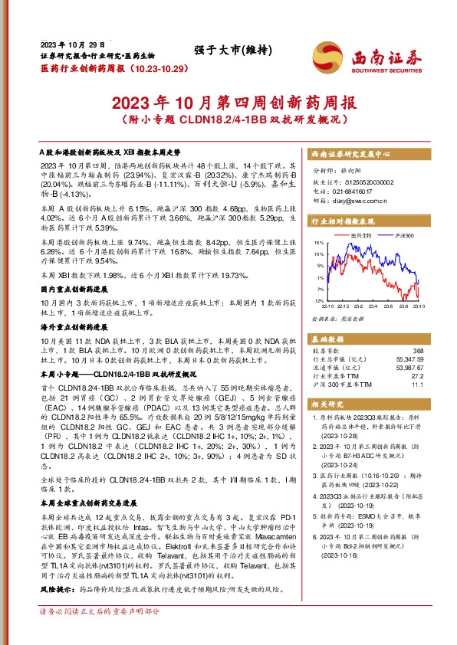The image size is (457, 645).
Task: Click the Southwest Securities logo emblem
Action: pos(325,56)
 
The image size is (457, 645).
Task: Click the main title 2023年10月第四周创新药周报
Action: pos(228,102)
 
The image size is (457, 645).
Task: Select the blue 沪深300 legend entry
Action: pos(403,234)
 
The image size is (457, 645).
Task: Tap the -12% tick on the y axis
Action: pos(317,300)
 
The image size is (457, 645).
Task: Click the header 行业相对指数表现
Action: pos(343,219)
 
